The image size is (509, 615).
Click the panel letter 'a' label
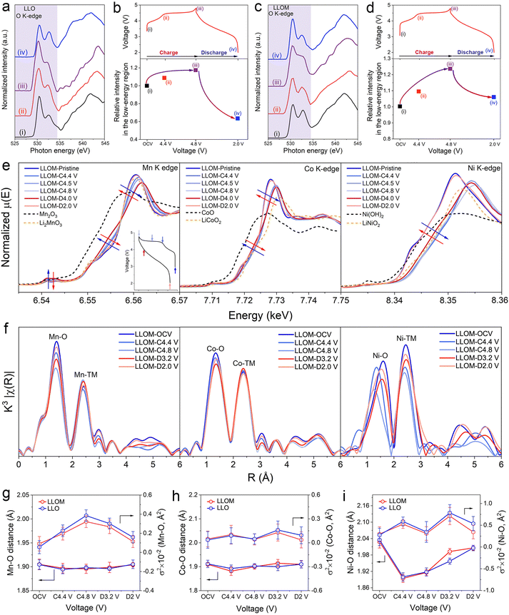click(6, 6)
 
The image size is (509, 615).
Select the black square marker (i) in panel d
click(399, 106)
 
